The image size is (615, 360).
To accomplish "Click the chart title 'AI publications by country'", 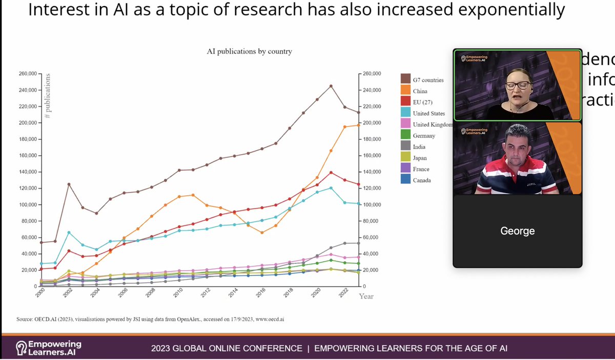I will (249, 51).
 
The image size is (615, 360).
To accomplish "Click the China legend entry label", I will (420, 91).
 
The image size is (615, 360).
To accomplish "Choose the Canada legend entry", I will (422, 180).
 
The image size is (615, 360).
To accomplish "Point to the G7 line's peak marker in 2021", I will (331, 86).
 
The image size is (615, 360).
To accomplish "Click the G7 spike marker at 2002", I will (69, 184).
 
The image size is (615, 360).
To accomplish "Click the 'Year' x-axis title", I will (366, 297).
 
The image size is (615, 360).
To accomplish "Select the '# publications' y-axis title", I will (48, 96).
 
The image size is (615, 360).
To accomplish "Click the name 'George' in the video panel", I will (517, 231).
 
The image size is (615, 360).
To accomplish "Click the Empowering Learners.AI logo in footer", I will (48, 348).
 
